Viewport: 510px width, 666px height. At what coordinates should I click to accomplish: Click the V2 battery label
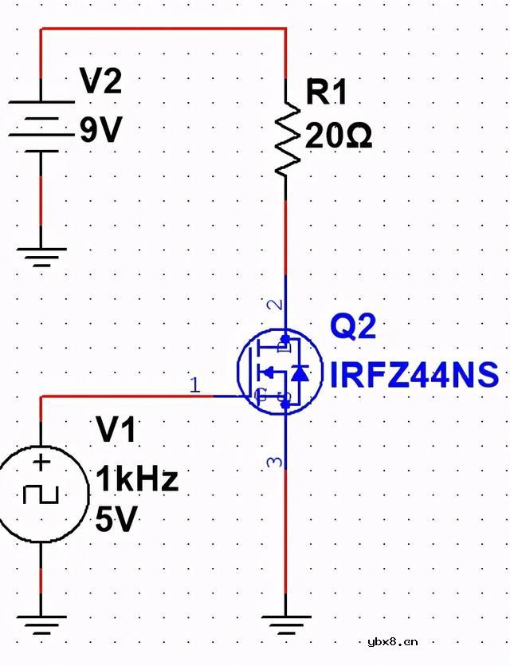[100, 81]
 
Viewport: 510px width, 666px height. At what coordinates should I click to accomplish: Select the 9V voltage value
[100, 129]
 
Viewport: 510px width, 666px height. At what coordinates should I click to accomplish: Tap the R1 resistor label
[327, 93]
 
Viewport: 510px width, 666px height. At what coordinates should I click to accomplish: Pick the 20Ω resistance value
[338, 137]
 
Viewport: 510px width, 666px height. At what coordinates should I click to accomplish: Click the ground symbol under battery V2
[41, 257]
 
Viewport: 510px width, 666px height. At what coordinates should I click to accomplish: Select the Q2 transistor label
[353, 327]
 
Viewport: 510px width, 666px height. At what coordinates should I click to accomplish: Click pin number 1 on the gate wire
[196, 385]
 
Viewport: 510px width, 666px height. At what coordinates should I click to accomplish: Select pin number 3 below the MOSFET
[276, 462]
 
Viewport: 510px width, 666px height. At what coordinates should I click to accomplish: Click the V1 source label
[116, 431]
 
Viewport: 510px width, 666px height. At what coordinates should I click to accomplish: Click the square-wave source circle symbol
[41, 495]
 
